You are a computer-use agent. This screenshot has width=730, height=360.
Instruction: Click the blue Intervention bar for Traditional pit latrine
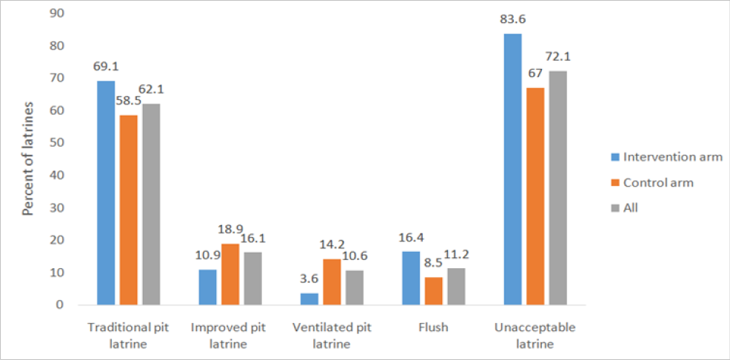(106, 193)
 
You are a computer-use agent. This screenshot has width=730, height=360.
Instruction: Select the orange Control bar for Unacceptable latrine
(535, 196)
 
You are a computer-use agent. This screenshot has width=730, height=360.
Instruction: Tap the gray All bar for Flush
(456, 287)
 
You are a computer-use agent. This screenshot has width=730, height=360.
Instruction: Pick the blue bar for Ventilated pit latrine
(309, 299)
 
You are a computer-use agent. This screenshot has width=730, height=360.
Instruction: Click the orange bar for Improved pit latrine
(230, 274)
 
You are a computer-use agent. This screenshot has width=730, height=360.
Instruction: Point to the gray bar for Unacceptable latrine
(557, 187)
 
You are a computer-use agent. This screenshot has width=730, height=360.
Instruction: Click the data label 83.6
(512, 21)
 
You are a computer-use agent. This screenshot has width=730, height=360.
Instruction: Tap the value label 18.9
(230, 231)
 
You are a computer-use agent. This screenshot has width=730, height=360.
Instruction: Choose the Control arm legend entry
(652, 182)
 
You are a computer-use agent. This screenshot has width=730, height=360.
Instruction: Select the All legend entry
(624, 208)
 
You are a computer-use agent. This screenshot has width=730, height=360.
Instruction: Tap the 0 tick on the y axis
(59, 305)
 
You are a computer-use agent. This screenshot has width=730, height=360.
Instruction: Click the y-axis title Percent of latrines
(28, 159)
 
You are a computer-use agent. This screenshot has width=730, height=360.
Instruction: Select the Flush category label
(433, 327)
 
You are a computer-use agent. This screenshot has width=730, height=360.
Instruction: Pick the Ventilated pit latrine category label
(332, 336)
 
